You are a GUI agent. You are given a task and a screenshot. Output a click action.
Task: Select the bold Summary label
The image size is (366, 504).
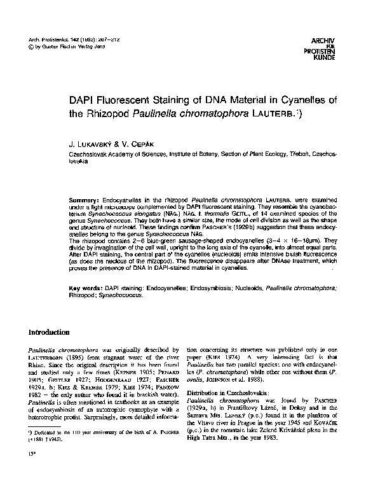pos(84,200)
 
